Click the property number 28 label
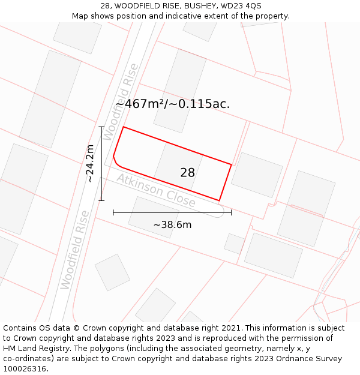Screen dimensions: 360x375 (x=187, y=173)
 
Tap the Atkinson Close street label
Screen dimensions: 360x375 (x=156, y=191)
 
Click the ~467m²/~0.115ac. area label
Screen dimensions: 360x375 (x=173, y=104)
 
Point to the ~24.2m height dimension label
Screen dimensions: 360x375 (x=89, y=163)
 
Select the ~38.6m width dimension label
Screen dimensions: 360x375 (x=172, y=225)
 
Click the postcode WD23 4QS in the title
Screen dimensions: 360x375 (x=242, y=6)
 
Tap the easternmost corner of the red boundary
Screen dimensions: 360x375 (x=231, y=164)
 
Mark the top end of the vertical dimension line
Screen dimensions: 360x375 (x=101, y=127)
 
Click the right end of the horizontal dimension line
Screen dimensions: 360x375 (x=231, y=212)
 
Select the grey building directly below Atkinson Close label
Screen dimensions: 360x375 (x=153, y=217)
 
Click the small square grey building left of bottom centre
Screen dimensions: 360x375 (x=112, y=272)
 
